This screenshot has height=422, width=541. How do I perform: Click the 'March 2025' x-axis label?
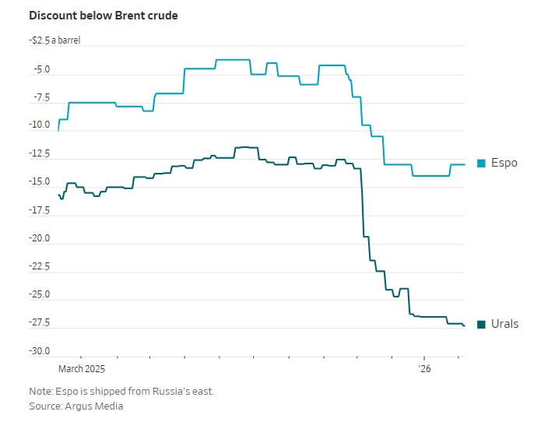point(82,368)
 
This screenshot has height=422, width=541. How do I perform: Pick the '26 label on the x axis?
point(424,368)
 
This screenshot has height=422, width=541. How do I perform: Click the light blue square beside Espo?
point(481,163)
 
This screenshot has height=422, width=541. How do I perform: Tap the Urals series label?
point(504,324)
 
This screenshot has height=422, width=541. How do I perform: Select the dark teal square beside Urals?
point(481,324)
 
